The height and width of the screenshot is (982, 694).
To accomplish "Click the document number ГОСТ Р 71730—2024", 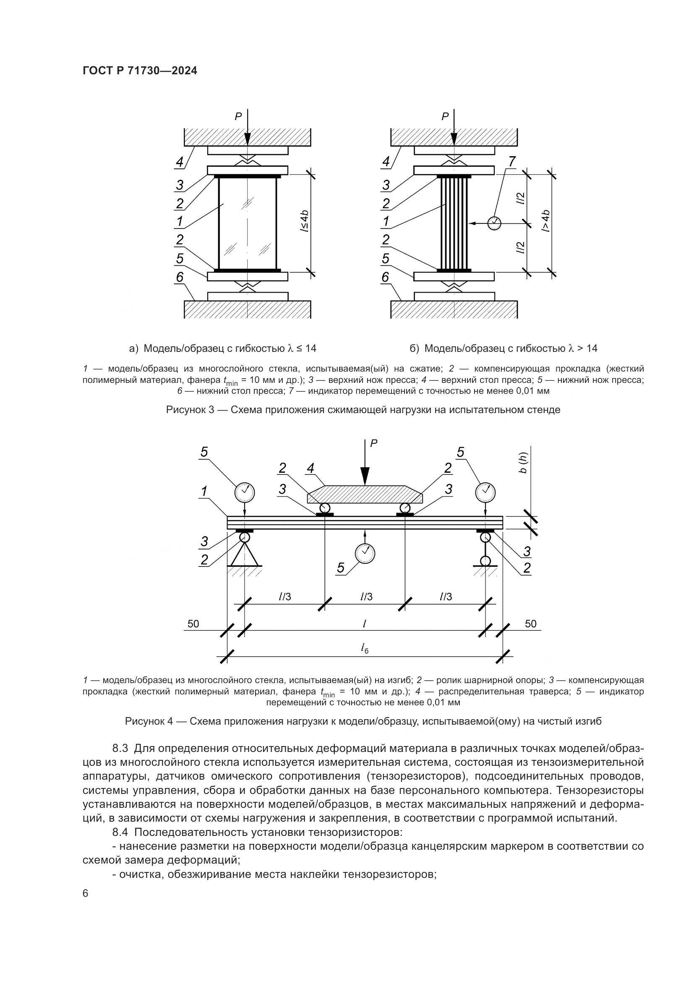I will (140, 71).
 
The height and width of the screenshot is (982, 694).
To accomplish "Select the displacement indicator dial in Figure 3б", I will (494, 223).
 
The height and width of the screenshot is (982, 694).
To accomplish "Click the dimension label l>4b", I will (545, 221).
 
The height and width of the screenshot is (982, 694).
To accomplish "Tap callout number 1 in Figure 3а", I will (180, 221).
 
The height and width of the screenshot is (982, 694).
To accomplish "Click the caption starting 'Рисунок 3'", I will (363, 410).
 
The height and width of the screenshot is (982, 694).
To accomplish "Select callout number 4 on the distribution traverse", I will (310, 469).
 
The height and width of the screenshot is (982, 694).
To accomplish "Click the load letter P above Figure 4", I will (373, 443).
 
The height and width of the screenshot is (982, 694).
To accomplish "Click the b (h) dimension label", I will (524, 463).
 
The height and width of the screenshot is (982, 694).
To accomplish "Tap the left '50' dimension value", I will (193, 623).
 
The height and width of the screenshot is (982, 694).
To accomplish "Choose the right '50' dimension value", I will (530, 623).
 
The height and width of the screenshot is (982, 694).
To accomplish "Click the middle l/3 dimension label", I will (366, 597).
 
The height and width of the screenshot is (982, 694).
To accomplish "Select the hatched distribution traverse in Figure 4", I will (365, 495).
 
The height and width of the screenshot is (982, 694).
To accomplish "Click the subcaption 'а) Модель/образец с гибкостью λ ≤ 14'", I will (223, 348).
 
